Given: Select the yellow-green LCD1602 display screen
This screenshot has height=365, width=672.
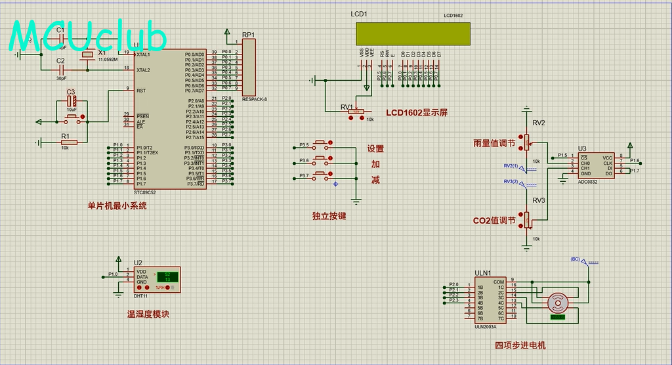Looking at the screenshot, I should [x=413, y=34].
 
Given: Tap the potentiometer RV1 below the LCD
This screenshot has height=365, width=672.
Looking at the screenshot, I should [x=356, y=113].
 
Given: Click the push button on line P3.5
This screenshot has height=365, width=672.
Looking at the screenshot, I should [x=322, y=144].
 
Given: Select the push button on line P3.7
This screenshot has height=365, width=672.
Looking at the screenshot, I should [x=322, y=175].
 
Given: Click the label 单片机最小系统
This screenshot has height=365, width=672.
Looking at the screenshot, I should [x=117, y=205].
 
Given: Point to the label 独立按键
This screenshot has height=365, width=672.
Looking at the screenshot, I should [x=329, y=215].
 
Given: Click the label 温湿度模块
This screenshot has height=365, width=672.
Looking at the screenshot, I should [x=148, y=314].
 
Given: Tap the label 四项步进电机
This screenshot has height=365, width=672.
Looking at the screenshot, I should [x=520, y=345].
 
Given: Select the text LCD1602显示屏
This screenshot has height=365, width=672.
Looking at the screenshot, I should [x=417, y=112].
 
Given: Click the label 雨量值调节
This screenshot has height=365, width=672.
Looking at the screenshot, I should [x=495, y=142].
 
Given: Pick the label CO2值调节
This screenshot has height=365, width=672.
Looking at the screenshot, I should [x=494, y=221].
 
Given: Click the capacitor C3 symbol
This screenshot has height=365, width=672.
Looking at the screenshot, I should [x=72, y=102].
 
